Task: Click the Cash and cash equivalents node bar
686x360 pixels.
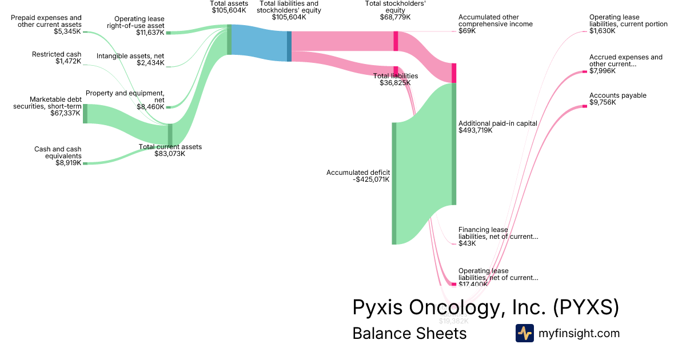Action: pyautogui.click(x=85, y=163)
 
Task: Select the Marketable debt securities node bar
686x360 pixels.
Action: pyautogui.click(x=85, y=114)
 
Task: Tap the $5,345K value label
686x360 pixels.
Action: pyautogui.click(x=68, y=32)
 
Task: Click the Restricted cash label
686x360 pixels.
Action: pyautogui.click(x=57, y=54)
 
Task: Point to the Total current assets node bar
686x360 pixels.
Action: pyautogui.click(x=170, y=135)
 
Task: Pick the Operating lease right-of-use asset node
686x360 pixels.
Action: pyautogui.click(x=168, y=33)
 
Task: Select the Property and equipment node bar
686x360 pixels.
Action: pyautogui.click(x=168, y=107)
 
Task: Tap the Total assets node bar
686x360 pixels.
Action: pyautogui.click(x=229, y=39)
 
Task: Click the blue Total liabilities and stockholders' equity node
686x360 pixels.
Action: pyautogui.click(x=289, y=46)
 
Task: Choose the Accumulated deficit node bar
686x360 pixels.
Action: pyautogui.click(x=394, y=183)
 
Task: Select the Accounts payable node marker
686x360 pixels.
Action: pyautogui.click(x=584, y=106)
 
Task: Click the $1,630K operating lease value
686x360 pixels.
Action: pyautogui.click(x=603, y=31)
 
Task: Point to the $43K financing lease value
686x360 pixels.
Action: pyautogui.click(x=466, y=243)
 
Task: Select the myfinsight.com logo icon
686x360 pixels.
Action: pyautogui.click(x=524, y=333)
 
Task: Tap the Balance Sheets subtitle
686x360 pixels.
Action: pyautogui.click(x=409, y=333)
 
